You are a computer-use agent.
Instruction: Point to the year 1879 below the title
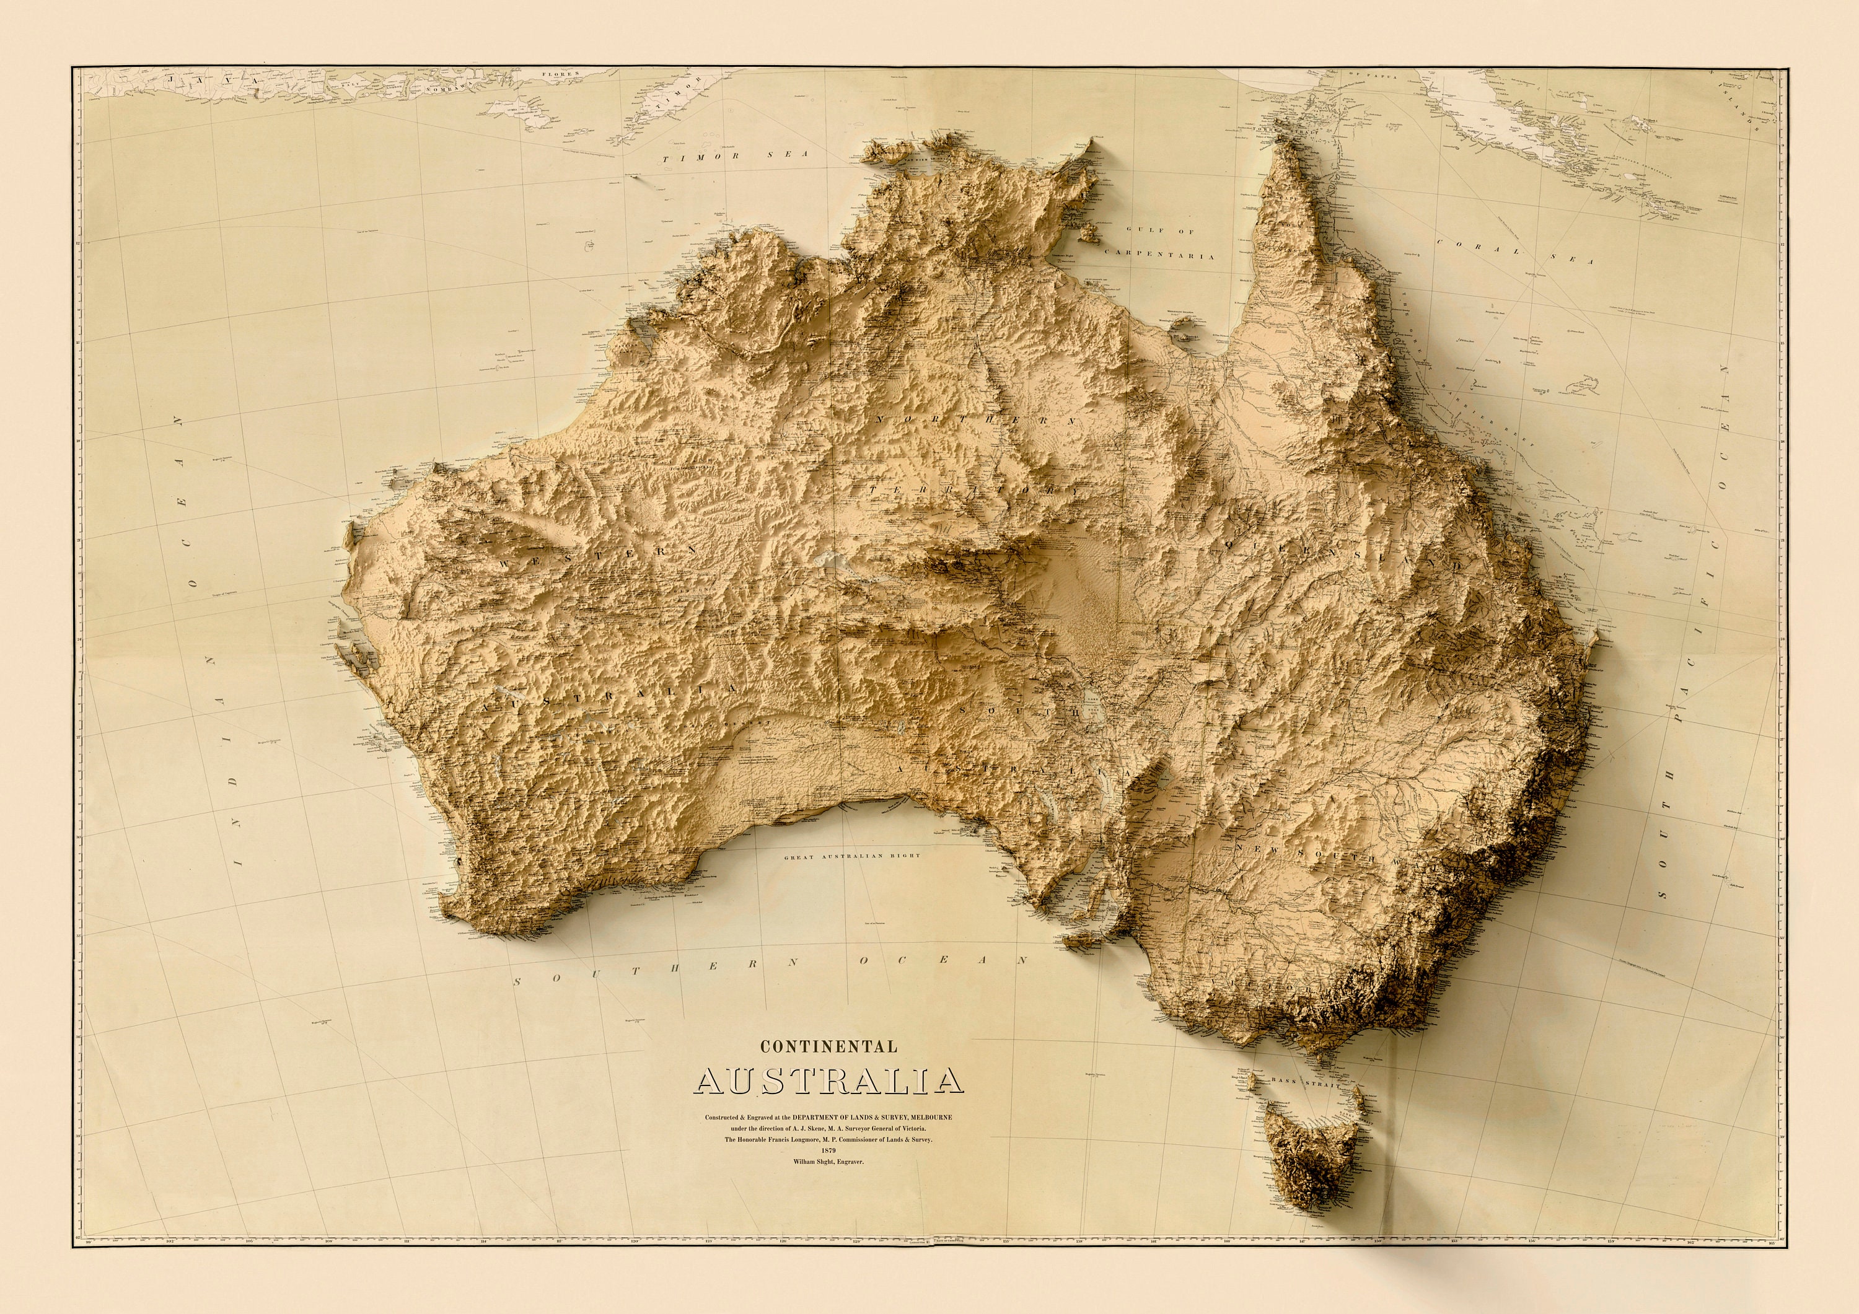pyautogui.click(x=827, y=1150)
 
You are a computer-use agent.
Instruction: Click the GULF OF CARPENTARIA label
pyautogui.click(x=1161, y=243)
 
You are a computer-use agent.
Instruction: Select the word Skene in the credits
pyautogui.click(x=811, y=1128)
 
